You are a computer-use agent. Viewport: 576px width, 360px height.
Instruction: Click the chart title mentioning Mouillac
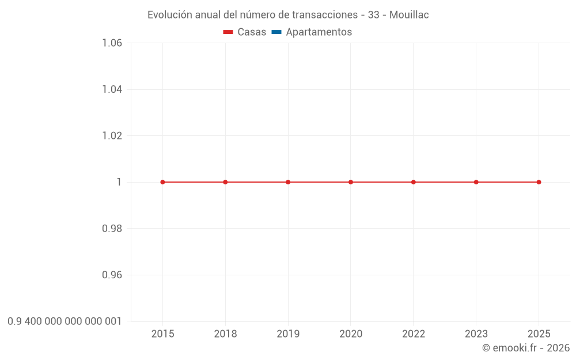288,15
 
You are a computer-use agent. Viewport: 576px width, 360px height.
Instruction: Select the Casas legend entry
245,32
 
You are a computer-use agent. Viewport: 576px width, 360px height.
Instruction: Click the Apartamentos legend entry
312,32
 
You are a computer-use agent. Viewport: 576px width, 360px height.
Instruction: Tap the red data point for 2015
162,182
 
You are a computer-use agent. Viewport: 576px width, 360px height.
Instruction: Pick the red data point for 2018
225,182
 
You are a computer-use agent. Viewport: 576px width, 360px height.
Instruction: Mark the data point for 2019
288,182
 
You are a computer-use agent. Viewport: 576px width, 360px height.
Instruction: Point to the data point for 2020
351,182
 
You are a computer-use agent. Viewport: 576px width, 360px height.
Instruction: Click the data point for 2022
414,182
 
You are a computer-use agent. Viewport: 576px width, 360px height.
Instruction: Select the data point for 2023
476,182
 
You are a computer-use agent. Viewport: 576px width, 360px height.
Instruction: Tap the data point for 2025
539,182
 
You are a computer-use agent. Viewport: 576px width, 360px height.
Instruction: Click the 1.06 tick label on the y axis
112,43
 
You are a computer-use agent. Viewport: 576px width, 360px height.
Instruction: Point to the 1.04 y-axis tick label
112,89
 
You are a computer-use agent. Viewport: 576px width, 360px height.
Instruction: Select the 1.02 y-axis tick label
112,136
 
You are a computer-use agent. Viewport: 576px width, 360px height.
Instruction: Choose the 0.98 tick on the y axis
112,229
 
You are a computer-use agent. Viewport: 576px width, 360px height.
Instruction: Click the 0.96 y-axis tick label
112,275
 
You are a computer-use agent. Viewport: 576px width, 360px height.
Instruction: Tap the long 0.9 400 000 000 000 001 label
65,321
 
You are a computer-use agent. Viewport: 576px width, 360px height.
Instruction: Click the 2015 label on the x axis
162,334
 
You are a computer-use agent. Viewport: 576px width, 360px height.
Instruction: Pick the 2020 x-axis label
351,334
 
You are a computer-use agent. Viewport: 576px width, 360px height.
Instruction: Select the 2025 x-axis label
539,334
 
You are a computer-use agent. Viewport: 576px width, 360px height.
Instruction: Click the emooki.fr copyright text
525,348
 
